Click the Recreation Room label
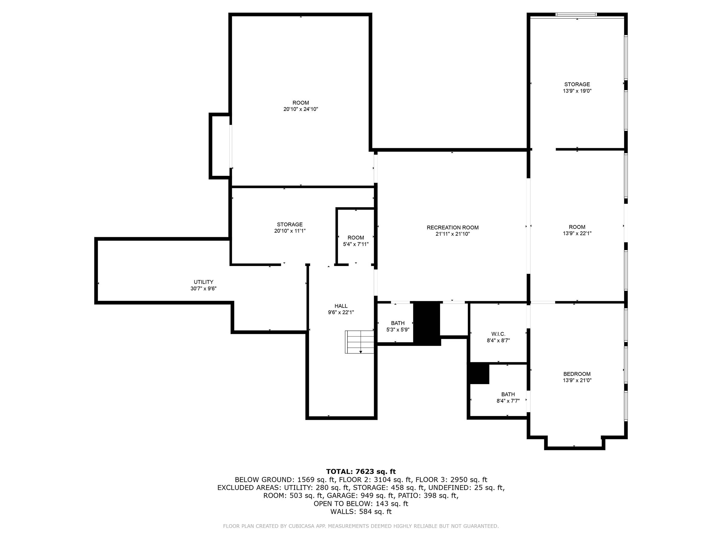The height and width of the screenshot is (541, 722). coord(452,227)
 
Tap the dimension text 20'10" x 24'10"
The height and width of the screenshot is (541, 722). coord(300,109)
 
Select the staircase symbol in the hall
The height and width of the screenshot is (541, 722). coord(359,342)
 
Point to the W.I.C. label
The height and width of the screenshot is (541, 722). coord(498,334)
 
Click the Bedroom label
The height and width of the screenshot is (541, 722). coord(577,374)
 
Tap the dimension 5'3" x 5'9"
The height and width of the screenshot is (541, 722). coord(398,330)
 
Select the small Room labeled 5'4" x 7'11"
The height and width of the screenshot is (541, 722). coord(356,238)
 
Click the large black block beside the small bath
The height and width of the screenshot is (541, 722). coord(427,323)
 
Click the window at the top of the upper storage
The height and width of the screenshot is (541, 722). coord(576,14)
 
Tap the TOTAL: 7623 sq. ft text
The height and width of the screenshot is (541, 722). coord(361,472)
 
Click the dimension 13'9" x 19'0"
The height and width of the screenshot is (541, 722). coord(577,91)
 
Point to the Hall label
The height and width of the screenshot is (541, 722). coord(341,306)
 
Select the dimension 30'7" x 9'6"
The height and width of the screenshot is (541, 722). coord(203,289)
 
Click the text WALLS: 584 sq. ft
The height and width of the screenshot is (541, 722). coord(361,512)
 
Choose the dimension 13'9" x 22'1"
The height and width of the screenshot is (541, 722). coord(577,234)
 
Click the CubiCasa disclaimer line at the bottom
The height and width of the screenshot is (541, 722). coord(361,526)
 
